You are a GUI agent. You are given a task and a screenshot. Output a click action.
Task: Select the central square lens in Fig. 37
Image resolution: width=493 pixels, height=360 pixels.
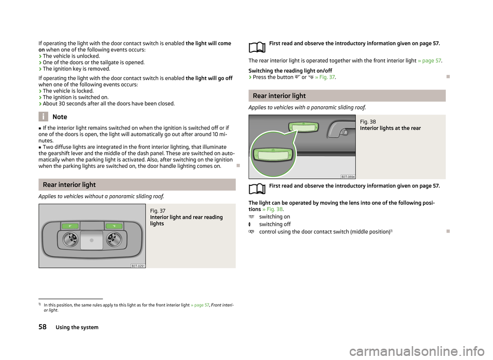pos(91,240)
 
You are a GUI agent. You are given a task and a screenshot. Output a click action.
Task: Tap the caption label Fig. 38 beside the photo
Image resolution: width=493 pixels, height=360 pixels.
pos(368,122)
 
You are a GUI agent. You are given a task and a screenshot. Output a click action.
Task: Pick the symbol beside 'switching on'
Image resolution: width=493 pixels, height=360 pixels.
pos(251,217)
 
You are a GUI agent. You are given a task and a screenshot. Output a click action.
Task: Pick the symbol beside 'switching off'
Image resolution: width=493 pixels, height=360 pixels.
pos(250,224)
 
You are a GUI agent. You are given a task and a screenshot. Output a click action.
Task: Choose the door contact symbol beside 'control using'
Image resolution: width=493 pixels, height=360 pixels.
pos(251,232)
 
